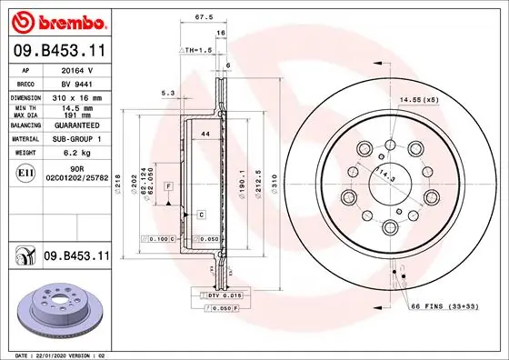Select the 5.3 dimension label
167,93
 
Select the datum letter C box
200,214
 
